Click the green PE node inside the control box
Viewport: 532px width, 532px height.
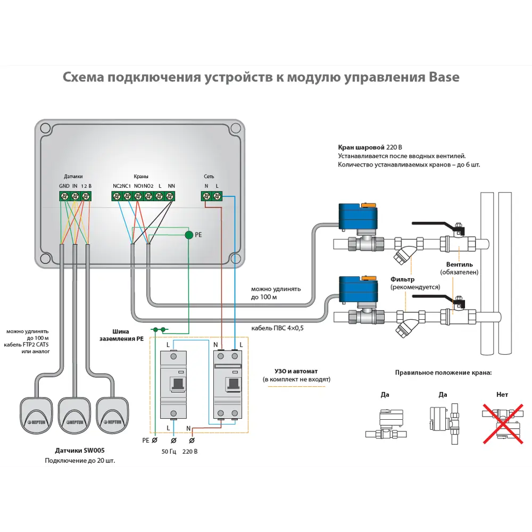189,235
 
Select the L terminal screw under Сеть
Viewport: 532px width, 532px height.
217,196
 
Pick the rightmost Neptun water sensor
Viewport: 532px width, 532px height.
113,414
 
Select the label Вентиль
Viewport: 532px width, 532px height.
460,264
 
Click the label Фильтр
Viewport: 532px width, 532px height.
402,279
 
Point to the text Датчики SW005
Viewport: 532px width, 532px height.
80,450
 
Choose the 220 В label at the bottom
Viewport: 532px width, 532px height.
190,452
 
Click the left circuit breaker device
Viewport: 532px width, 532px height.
173,385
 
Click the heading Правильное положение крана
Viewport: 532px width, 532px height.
443,372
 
